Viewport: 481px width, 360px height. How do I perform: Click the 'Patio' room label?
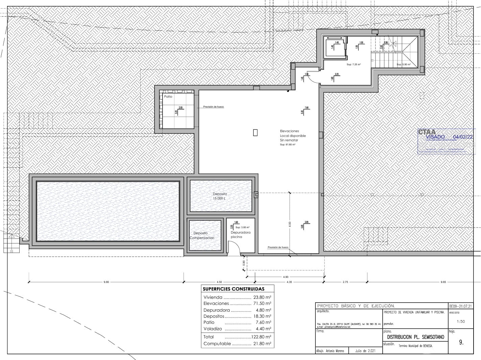point(168,97)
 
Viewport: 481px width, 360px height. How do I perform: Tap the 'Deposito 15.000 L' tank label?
point(220,196)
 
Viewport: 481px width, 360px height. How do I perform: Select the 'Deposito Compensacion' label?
point(202,235)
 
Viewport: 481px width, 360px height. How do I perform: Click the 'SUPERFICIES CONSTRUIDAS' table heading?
point(233,289)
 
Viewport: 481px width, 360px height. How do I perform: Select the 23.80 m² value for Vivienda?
point(262,297)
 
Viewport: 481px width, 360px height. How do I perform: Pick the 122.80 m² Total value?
point(261,337)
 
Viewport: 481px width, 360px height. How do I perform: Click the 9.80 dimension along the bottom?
point(106,282)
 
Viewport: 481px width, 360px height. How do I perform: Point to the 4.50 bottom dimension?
point(219,282)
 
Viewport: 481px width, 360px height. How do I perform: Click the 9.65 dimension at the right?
point(443,282)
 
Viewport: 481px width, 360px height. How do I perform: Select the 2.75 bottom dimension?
point(345,282)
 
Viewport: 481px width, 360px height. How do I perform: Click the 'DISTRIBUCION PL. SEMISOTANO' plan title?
point(415,337)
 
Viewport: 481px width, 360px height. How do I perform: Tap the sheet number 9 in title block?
point(461,342)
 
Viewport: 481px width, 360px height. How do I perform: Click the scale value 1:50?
point(460,321)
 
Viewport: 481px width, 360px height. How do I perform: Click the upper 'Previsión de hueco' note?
point(213,107)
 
